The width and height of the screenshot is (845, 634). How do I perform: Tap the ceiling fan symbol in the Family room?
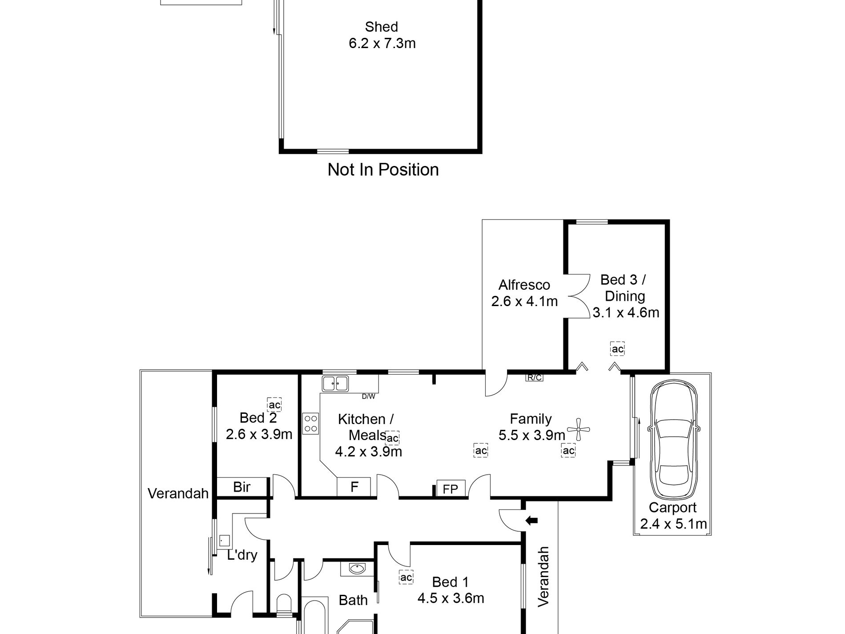coord(578,429)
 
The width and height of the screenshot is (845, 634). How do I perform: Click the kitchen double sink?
coord(336,384)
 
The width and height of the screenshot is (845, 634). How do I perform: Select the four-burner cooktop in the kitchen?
coord(311,423)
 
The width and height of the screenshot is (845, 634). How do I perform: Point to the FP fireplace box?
coord(451,489)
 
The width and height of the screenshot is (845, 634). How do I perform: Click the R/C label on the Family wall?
coord(534,378)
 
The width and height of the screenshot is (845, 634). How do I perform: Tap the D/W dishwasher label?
coord(368,396)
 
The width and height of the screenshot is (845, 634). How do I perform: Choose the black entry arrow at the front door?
coord(532,520)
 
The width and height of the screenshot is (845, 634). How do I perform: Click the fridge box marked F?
coord(354,487)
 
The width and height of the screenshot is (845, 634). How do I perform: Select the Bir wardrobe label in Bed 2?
coord(242,487)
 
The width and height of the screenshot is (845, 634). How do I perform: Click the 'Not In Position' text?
coord(383,170)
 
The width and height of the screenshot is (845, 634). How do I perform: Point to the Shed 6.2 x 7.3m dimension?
coord(382,43)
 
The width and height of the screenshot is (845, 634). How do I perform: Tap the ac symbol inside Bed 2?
coord(274,405)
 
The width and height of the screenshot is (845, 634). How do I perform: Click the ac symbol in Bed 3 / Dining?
coord(617,349)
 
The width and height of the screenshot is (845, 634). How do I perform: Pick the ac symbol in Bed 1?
coord(406,577)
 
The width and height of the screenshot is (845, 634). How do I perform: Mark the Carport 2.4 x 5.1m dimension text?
coord(673,524)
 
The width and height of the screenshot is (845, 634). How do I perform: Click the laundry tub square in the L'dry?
coord(224,541)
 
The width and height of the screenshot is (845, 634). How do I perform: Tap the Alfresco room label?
coord(524,285)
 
